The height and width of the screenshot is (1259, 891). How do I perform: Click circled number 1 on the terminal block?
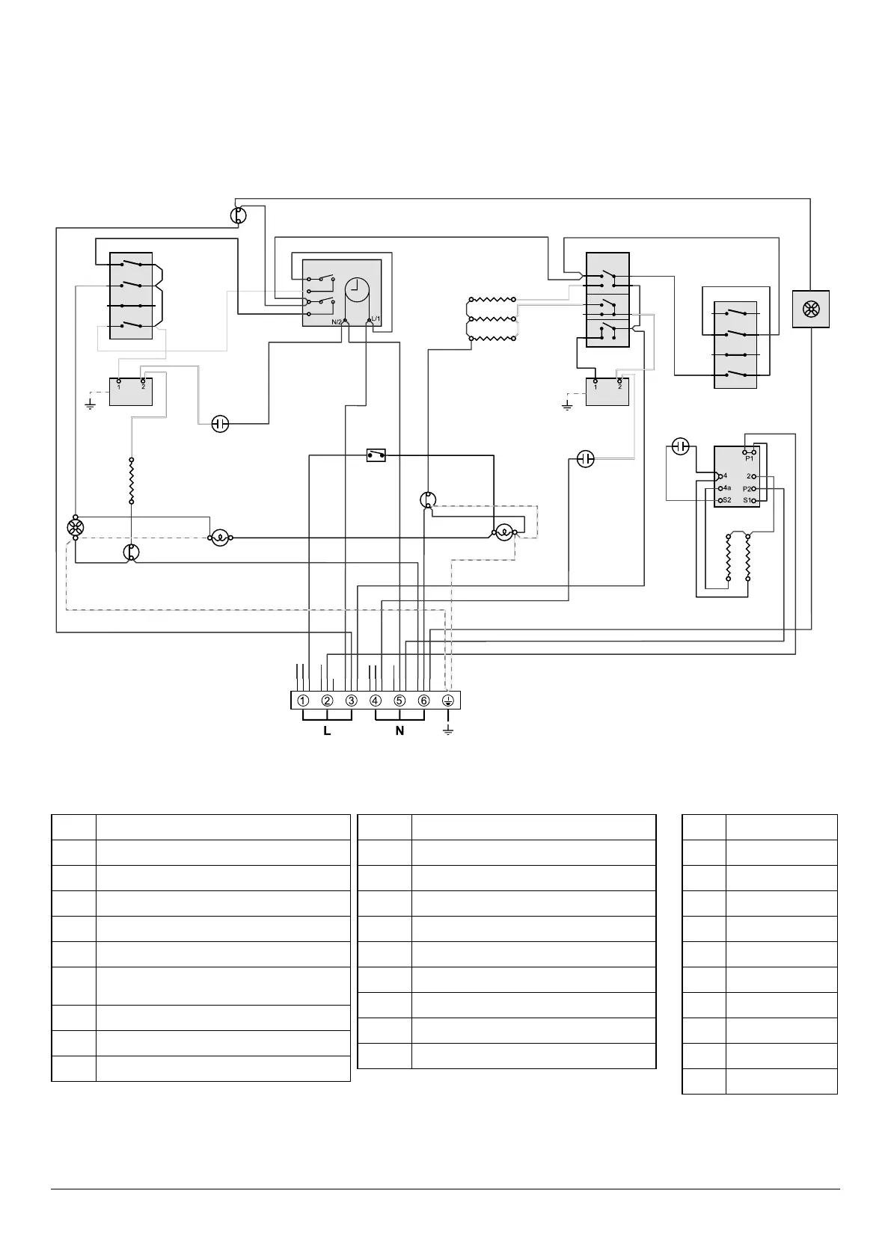303,701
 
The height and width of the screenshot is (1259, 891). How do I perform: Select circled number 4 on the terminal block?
376,701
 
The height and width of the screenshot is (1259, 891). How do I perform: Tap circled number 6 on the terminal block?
423,701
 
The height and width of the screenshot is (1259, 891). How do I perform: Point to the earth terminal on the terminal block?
448,701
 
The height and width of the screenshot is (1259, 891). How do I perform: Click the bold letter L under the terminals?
327,730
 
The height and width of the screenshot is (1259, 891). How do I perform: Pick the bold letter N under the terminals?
399,730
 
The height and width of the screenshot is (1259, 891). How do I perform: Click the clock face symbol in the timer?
358,289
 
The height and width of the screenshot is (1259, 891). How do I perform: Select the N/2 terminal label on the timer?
337,321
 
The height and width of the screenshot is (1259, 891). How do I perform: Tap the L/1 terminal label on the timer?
376,320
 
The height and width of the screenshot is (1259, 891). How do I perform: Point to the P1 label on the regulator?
750,458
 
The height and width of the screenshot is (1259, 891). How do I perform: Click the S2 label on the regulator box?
726,500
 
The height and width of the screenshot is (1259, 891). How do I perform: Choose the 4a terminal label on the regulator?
726,488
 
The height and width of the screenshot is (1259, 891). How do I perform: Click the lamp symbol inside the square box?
812,308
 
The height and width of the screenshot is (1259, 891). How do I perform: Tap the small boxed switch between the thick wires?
376,455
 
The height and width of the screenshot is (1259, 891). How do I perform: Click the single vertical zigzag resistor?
132,481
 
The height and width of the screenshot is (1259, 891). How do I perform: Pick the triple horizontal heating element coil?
492,319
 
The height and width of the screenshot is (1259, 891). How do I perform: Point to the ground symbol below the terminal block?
448,729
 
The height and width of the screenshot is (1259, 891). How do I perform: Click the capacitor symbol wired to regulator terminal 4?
680,447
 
